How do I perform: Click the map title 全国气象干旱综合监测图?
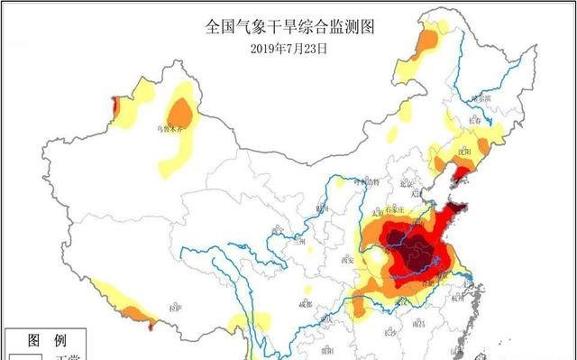coord(288,27)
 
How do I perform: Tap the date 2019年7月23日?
coord(288,47)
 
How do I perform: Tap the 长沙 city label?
coord(389,333)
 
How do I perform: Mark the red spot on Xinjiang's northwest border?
coord(114,106)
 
